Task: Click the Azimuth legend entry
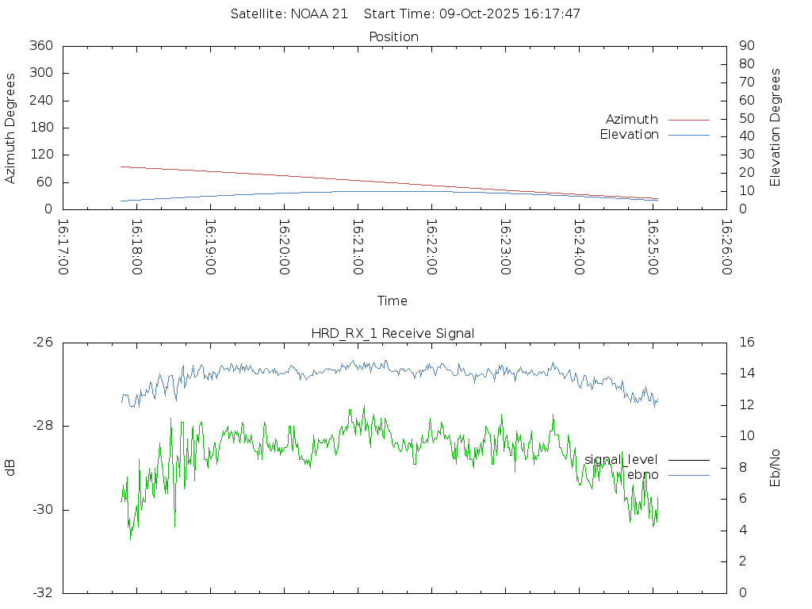point(632,120)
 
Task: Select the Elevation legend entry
point(630,135)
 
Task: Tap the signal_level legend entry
point(621,460)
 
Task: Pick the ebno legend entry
point(642,474)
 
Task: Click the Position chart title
point(393,36)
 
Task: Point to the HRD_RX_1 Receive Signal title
point(393,333)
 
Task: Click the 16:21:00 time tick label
point(358,247)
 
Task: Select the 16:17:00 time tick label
point(63,247)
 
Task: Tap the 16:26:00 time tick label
point(726,247)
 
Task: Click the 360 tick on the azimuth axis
point(41,46)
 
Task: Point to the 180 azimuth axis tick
point(41,128)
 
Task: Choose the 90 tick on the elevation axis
point(745,46)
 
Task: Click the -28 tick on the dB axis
point(42,426)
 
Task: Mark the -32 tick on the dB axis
point(42,592)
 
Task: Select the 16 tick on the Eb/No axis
point(745,343)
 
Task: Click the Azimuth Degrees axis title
point(10,128)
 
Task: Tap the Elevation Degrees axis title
point(776,128)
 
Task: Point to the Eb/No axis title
point(776,467)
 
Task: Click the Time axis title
point(393,301)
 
